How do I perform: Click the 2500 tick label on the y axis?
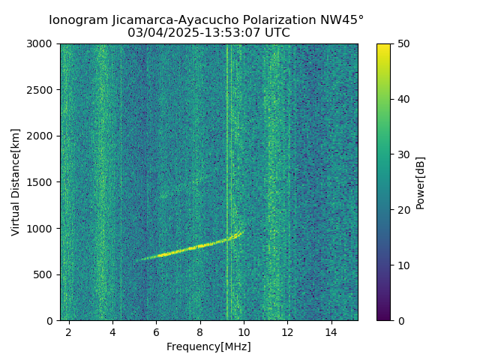41,90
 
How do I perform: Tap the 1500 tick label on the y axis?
41,182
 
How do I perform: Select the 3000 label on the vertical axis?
41,43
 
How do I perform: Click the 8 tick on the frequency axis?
199,331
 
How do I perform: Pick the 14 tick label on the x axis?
331,331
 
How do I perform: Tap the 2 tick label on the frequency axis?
69,331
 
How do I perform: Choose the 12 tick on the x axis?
287,331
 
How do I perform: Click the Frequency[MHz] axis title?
208,346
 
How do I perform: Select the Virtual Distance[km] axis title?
16,182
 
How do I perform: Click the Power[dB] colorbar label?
421,182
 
